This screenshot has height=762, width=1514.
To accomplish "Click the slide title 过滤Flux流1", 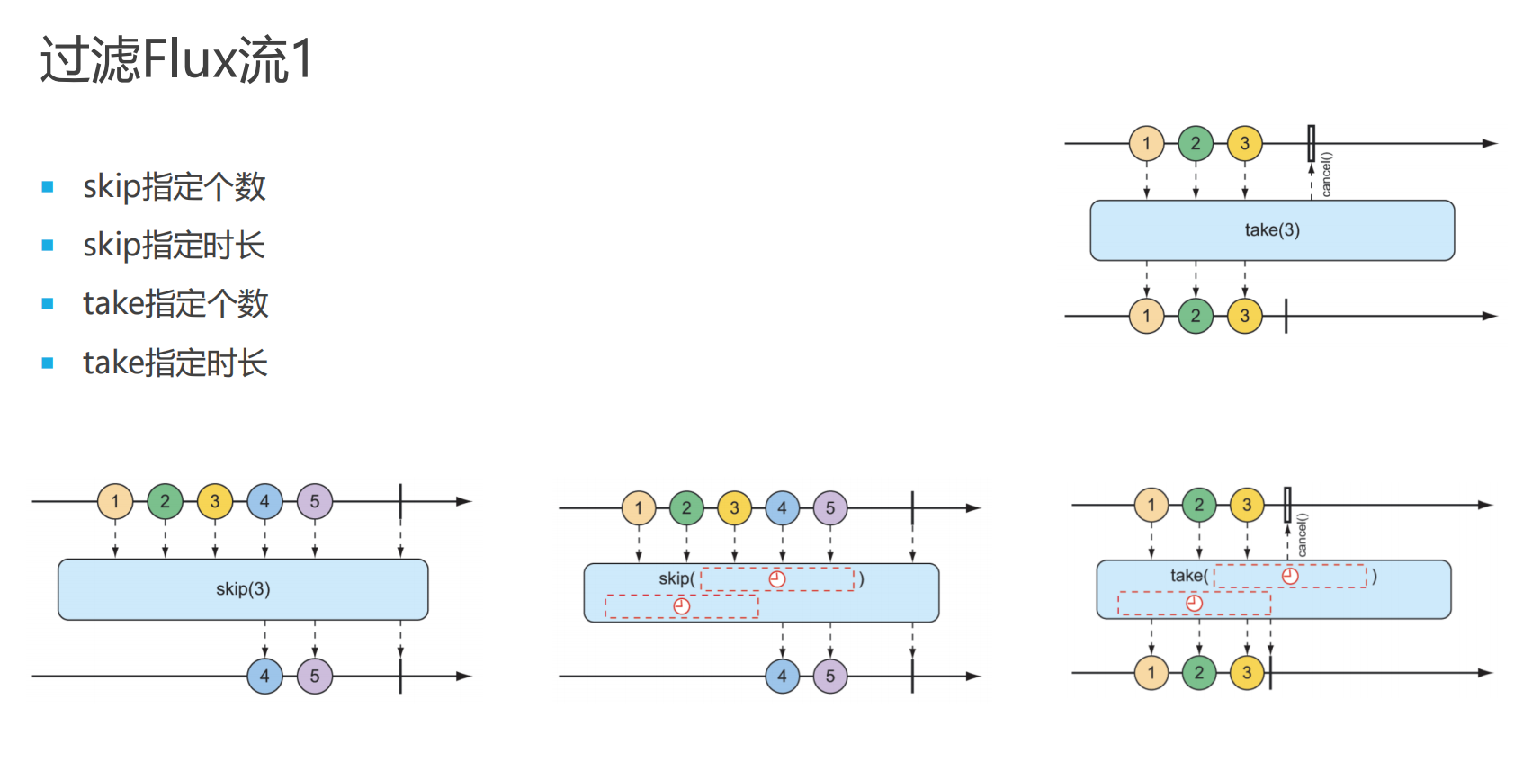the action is click(177, 59).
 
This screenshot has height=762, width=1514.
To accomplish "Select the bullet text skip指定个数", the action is click(175, 186).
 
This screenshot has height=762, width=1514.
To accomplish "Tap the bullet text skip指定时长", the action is click(175, 245).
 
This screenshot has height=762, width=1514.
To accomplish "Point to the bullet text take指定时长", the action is click(175, 363).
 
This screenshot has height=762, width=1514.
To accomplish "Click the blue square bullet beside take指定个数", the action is click(48, 303).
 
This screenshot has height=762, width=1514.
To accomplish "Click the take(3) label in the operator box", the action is click(1272, 230).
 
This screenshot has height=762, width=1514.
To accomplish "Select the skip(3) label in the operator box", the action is click(243, 589).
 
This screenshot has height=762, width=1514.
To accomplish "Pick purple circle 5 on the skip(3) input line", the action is click(314, 501).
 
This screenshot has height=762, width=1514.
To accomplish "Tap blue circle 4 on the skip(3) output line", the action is click(264, 676).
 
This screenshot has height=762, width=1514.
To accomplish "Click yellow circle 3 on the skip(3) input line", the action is click(215, 501).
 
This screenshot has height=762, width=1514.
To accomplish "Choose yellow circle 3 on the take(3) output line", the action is click(1244, 316).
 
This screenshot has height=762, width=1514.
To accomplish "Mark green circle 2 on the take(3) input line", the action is click(1196, 143).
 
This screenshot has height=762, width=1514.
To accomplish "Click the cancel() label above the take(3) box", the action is click(1326, 175).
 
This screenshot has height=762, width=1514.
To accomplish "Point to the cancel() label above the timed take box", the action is click(1303, 534).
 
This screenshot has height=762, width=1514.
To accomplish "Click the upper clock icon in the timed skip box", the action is click(777, 579).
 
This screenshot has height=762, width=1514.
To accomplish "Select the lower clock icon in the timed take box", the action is click(1195, 603).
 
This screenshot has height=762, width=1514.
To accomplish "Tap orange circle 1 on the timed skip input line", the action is click(639, 507).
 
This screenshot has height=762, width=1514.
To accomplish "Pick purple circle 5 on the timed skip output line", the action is click(830, 676).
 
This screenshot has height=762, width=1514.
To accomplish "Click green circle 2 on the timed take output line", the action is click(1199, 673).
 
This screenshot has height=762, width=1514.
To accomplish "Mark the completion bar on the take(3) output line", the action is click(1286, 316).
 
